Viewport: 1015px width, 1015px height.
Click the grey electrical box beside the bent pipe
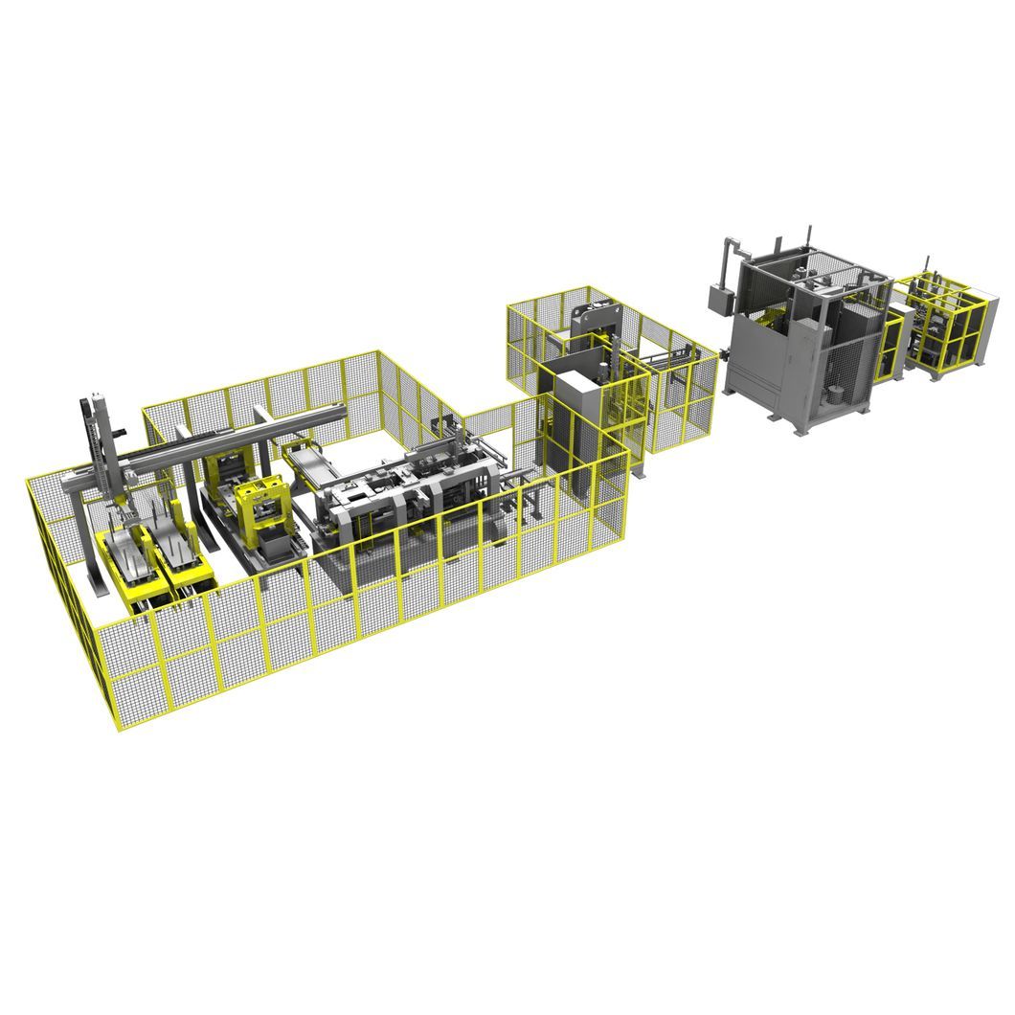pos(719,297)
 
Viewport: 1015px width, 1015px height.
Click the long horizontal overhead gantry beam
pos(230,440)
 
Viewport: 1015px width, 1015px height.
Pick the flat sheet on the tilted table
pos(316,469)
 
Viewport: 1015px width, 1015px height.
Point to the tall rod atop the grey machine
pos(809,236)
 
